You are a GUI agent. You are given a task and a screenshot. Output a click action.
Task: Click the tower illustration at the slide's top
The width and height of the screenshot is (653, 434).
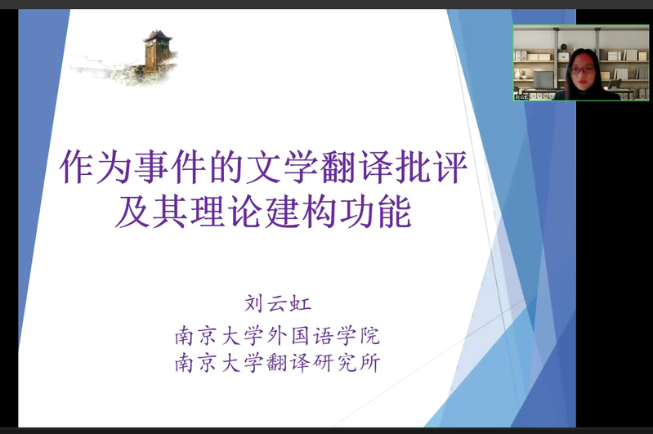tap(159, 53)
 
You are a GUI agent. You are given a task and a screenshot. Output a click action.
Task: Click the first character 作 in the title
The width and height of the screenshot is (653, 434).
tap(78, 167)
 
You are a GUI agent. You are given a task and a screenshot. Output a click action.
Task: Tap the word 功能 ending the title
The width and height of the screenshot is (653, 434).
tap(376, 212)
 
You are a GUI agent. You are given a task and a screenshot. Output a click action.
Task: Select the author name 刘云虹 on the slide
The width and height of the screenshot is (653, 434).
tap(277, 303)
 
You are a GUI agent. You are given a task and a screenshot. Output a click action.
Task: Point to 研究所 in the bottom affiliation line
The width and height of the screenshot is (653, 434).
tap(346, 362)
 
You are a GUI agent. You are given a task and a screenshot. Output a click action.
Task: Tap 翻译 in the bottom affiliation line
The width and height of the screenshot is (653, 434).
tap(288, 362)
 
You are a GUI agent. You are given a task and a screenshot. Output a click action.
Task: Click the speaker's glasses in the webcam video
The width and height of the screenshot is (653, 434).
tap(582, 69)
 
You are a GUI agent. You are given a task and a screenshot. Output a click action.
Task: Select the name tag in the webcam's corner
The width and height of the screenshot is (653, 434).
tap(521, 96)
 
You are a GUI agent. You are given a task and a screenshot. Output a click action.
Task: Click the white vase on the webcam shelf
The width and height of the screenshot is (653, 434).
tap(518, 74)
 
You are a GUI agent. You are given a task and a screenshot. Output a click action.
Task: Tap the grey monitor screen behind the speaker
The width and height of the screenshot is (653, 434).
tap(543, 80)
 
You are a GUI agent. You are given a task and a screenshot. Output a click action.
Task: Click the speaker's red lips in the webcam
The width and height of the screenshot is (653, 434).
tap(582, 81)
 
